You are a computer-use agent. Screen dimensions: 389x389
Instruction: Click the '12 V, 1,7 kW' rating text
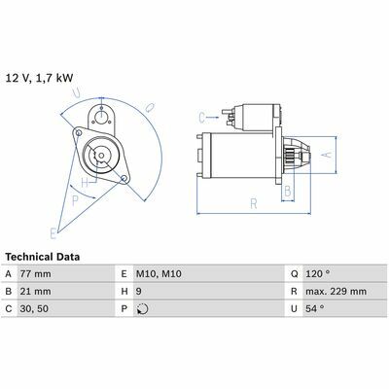click(39, 79)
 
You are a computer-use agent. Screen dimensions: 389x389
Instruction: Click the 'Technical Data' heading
click(43, 257)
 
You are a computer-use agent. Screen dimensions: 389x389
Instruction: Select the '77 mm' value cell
click(35, 274)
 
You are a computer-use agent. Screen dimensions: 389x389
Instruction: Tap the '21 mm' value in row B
click(35, 292)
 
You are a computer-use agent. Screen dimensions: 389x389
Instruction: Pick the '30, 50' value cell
click(34, 308)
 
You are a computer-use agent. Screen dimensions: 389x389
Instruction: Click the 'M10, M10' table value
click(159, 274)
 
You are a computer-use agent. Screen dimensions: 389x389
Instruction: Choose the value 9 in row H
click(138, 292)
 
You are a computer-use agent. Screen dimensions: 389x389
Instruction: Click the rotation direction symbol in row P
click(142, 309)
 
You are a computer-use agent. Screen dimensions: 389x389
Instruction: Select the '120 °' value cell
click(318, 274)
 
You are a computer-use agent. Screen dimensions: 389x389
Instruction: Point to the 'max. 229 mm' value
click(336, 292)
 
